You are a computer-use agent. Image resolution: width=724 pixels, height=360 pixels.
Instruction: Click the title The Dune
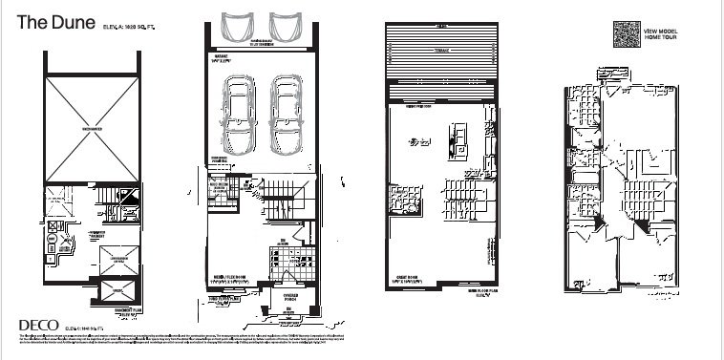pos(53,23)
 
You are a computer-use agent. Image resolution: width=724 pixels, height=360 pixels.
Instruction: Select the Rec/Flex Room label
pos(230,279)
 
